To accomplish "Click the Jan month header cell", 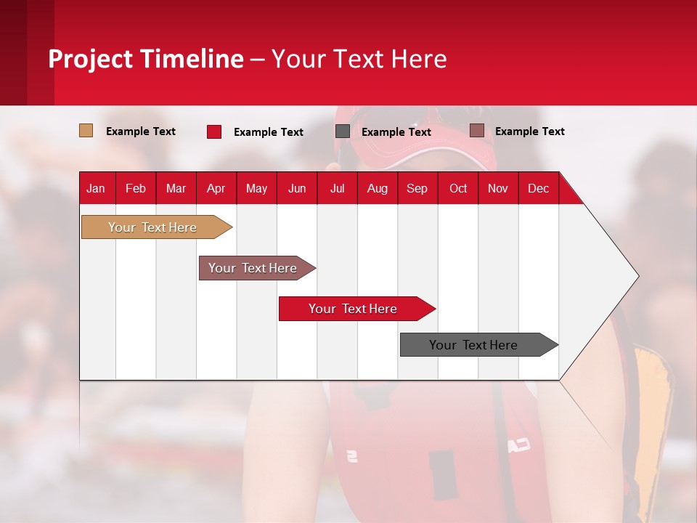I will coord(97,188).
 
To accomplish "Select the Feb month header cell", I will coord(136,188).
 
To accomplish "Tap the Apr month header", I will coord(216,188).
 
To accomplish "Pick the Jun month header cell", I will coord(297,188).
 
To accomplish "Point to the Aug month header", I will coord(378,188).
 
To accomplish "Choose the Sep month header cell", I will coord(417,188).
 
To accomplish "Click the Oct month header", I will coord(458,188).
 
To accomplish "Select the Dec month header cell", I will coord(539,188).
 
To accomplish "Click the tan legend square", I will coord(86,131).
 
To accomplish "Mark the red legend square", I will coord(214,131).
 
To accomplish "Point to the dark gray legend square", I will coord(343,131).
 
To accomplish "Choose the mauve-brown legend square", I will coord(477,131).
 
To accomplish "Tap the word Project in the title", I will coord(90,58).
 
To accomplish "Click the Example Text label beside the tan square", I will coord(141,131).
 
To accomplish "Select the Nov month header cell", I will coord(498,188).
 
